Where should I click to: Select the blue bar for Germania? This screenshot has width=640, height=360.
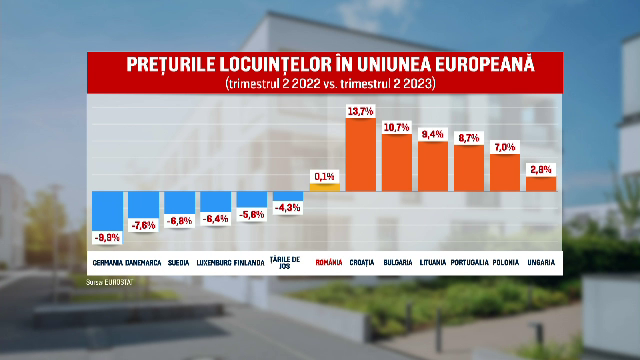click(107, 210)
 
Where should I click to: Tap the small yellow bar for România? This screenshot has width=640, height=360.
click(324, 186)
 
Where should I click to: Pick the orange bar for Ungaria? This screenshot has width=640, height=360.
click(541, 183)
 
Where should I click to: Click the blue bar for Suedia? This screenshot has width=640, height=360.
click(180, 201)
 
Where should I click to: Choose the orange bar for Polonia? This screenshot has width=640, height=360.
click(505, 172)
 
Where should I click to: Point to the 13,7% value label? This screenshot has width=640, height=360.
click(360, 111)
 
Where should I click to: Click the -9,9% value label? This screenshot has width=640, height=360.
click(107, 238)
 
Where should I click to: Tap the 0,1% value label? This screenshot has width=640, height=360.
click(324, 176)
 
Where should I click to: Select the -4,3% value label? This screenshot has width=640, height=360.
click(288, 208)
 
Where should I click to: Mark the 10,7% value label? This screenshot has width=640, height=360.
click(397, 127)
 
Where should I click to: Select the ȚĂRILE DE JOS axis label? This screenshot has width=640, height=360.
click(286, 265)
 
